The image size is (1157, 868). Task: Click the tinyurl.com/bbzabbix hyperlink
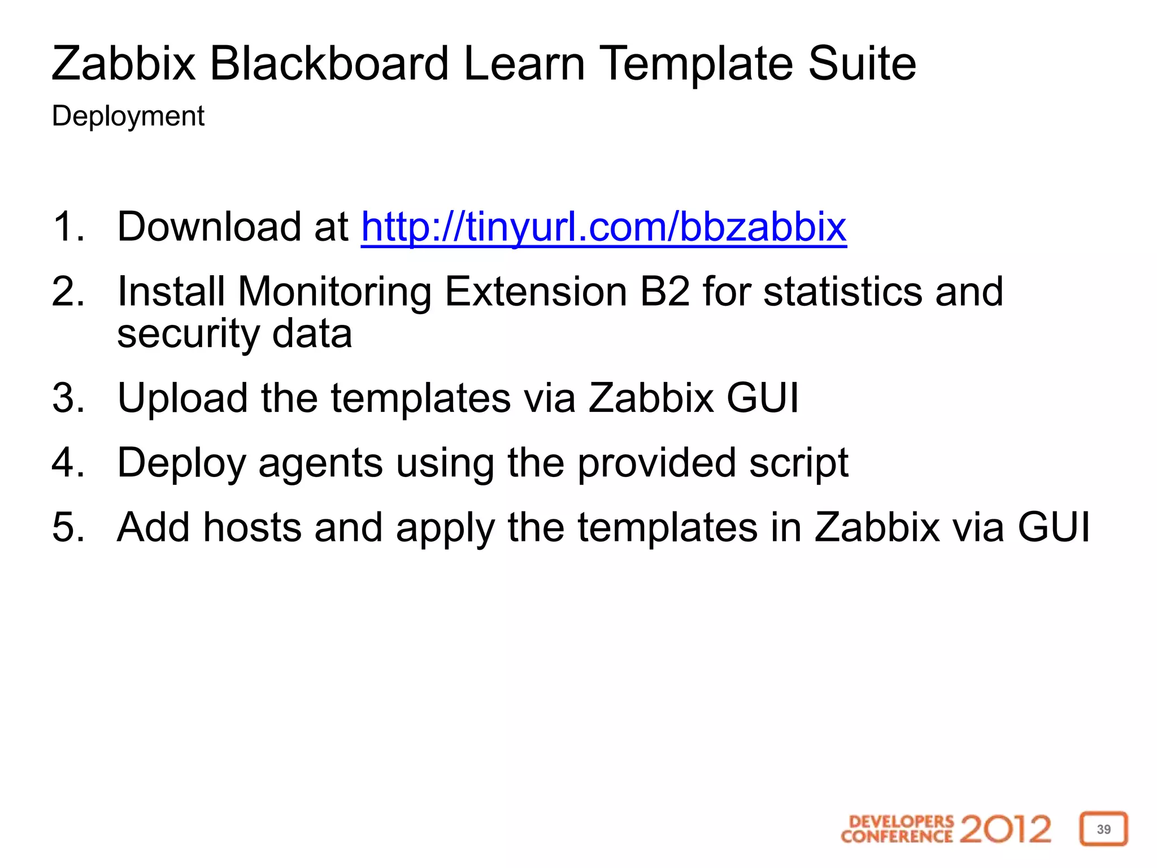[x=603, y=227]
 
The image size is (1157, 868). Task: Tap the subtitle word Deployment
[x=128, y=116]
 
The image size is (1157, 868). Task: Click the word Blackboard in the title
[x=329, y=63]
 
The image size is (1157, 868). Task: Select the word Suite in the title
[x=862, y=63]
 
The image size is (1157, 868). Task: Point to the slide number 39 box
[x=1103, y=829]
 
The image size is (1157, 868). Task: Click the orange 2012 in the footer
[x=1005, y=829]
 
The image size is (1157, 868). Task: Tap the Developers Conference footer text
[x=897, y=829]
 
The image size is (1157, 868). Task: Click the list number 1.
[x=68, y=227]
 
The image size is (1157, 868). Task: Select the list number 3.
[x=68, y=398]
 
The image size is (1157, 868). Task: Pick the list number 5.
[x=68, y=527]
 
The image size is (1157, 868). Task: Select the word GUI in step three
[x=762, y=398]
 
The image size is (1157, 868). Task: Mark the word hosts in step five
[x=252, y=527]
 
